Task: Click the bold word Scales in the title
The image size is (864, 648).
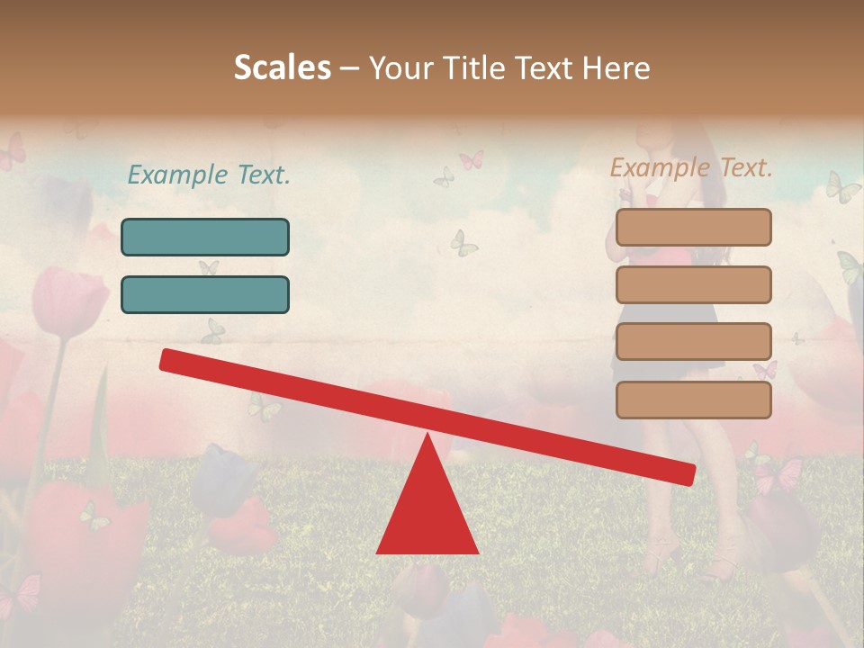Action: (282, 67)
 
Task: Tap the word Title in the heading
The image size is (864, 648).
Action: (482, 67)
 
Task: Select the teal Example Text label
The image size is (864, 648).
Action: (209, 175)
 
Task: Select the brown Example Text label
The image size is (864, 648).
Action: (692, 167)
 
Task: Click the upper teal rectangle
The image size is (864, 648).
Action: (205, 237)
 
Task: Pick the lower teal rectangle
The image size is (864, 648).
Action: (205, 294)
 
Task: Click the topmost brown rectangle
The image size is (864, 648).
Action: (694, 227)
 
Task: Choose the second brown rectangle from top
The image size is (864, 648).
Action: (694, 284)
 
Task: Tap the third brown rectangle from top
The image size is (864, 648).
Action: (694, 342)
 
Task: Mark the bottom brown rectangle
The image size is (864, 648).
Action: (694, 400)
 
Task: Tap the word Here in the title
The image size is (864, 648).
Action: (617, 67)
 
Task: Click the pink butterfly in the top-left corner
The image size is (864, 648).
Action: (12, 151)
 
